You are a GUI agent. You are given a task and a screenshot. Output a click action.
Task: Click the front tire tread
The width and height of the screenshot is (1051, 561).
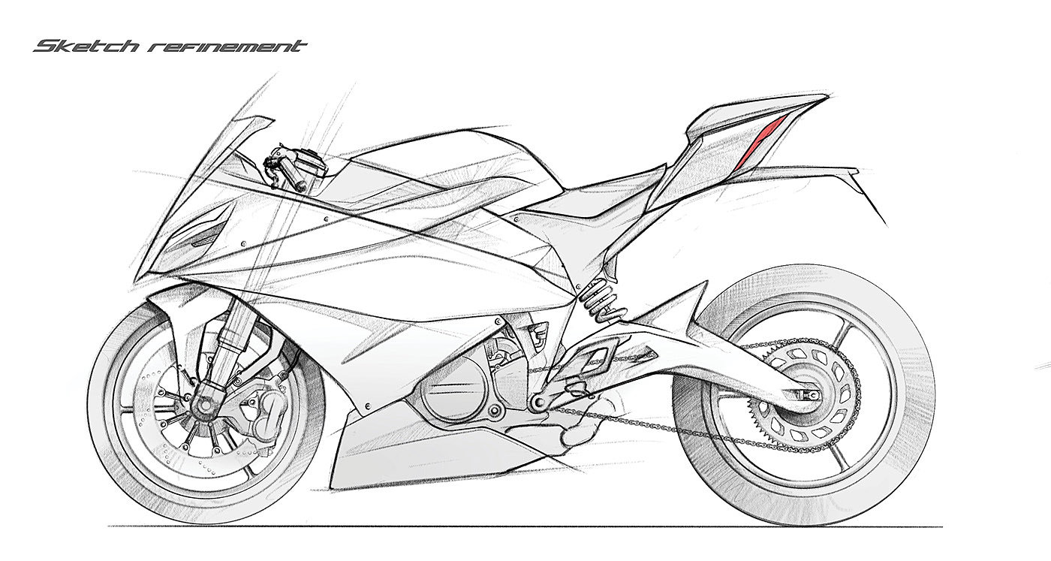pos(105,421)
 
